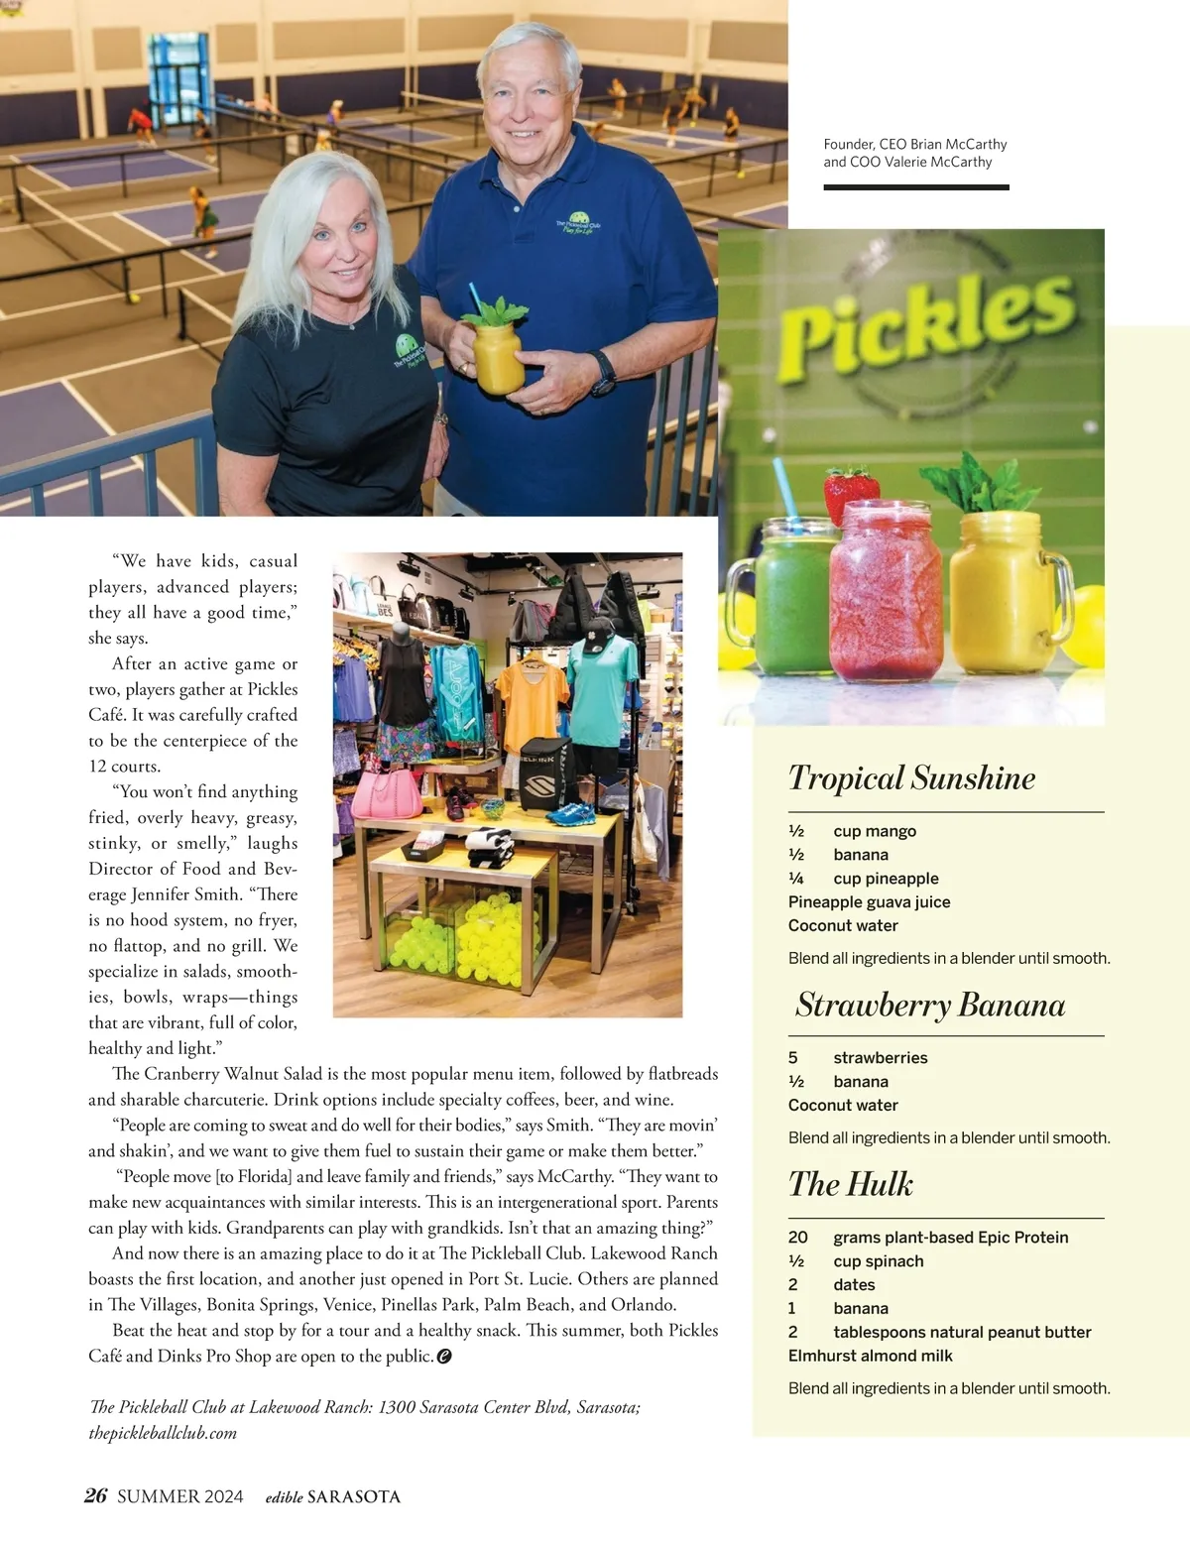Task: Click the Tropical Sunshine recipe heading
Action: pyautogui.click(x=911, y=778)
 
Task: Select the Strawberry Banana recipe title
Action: pyautogui.click(x=930, y=1006)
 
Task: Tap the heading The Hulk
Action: pyautogui.click(x=851, y=1184)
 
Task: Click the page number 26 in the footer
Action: pyautogui.click(x=95, y=1495)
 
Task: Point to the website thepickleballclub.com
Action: pyautogui.click(x=163, y=1433)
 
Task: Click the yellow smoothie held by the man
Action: pyautogui.click(x=498, y=357)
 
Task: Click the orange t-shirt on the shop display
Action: pyautogui.click(x=534, y=704)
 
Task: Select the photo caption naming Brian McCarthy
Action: pyautogui.click(x=914, y=153)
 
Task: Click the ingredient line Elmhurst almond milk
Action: pyautogui.click(x=870, y=1356)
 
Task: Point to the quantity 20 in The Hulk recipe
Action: pyautogui.click(x=797, y=1238)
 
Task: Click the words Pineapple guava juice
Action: pyautogui.click(x=869, y=901)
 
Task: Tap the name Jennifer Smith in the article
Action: pyautogui.click(x=185, y=894)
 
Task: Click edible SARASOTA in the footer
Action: pyautogui.click(x=333, y=1496)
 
